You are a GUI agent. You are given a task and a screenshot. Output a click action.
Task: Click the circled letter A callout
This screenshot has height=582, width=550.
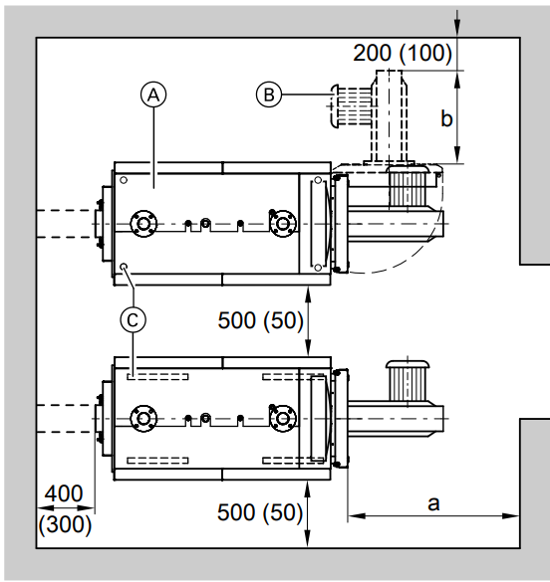click(153, 96)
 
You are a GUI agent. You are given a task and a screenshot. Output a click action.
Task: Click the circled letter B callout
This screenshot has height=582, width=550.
click(269, 95)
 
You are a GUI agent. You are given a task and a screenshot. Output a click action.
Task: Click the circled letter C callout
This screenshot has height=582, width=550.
click(134, 319)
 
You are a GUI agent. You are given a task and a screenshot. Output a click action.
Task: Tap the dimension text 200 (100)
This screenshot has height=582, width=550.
click(403, 53)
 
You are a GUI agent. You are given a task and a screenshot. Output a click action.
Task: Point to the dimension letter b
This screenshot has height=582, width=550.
click(446, 118)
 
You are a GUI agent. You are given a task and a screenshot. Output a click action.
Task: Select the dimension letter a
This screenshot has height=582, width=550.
click(433, 504)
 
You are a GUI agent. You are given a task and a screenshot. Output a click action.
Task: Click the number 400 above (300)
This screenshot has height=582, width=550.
click(64, 493)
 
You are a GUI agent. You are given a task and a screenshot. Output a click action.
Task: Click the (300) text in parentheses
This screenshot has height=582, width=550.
click(65, 525)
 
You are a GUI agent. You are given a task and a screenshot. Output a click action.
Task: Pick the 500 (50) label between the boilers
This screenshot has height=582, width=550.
click(260, 320)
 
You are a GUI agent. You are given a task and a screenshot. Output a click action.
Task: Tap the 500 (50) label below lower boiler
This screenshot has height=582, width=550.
click(260, 512)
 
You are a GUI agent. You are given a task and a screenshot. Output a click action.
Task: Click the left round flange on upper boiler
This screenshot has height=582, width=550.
click(143, 224)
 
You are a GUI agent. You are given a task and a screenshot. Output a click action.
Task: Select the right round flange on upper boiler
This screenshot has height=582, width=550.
click(283, 224)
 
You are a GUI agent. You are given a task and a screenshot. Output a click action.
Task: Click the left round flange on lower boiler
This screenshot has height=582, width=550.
click(143, 419)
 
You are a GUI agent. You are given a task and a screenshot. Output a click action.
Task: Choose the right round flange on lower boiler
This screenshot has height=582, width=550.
click(283, 419)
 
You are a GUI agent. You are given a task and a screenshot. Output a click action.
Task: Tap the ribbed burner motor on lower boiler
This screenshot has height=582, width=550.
click(408, 380)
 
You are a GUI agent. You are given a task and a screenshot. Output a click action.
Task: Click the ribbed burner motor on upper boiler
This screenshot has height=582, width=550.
click(409, 187)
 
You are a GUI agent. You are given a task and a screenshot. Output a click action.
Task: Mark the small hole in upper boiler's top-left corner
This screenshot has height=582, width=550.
click(124, 180)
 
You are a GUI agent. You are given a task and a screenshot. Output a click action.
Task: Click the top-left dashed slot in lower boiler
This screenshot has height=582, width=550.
click(157, 377)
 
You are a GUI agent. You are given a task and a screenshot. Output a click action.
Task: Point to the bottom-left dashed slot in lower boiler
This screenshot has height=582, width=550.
click(157, 461)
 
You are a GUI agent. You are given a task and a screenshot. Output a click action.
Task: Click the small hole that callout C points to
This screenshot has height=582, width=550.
click(124, 267)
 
